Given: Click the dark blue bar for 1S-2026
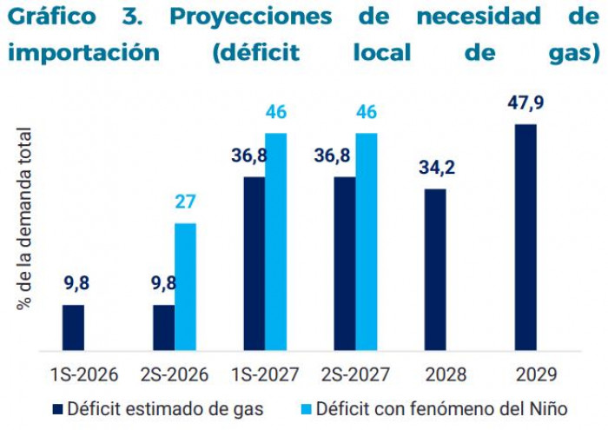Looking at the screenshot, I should [x=74, y=327].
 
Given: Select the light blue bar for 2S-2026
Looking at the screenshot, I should [x=185, y=288].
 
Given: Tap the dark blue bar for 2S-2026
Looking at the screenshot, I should [x=163, y=327].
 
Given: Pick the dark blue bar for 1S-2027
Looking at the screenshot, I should [x=254, y=264].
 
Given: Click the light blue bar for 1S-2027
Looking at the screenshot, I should [x=276, y=242].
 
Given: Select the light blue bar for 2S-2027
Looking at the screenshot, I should [x=367, y=242].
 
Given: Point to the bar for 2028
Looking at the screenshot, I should [x=435, y=270].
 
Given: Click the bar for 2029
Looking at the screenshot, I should [x=525, y=238].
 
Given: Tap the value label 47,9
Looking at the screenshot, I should [x=526, y=104].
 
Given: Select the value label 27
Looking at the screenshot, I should [x=185, y=203].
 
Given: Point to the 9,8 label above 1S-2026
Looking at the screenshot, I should [x=74, y=283].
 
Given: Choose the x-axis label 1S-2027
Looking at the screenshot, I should [x=265, y=375].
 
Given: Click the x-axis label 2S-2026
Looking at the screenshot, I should [x=175, y=375].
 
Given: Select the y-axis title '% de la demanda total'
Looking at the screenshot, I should [x=23, y=218].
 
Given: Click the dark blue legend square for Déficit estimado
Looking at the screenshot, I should [x=57, y=407].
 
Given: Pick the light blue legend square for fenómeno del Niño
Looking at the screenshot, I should [x=305, y=407].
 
